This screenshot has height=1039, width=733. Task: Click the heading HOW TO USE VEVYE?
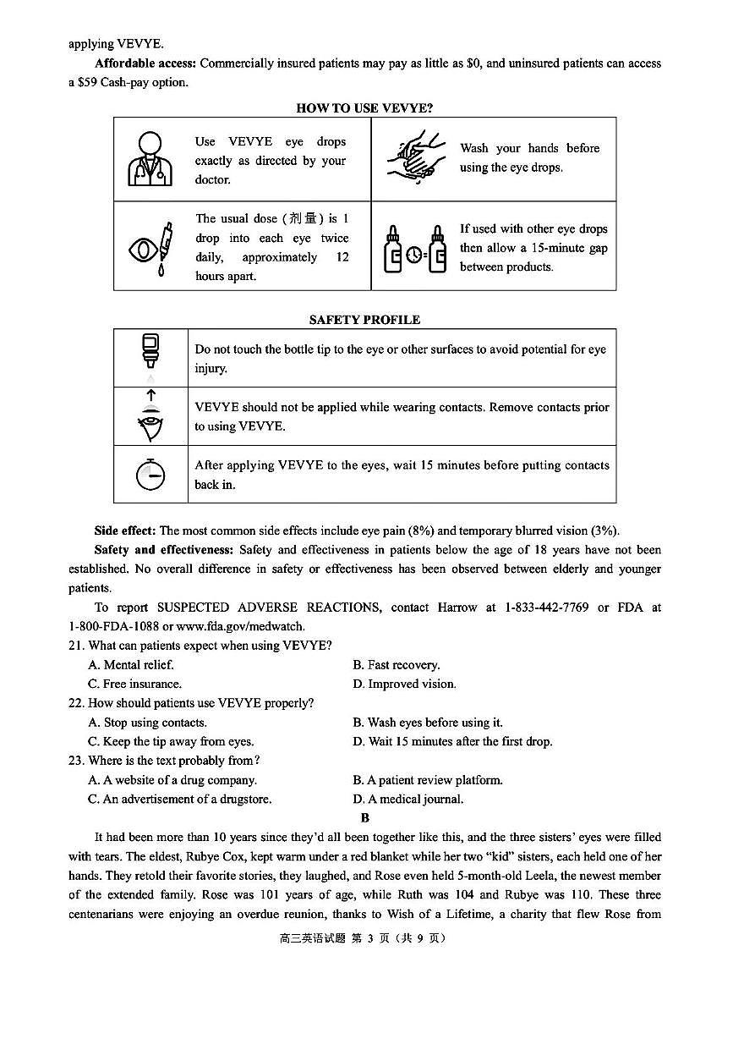pos(364,108)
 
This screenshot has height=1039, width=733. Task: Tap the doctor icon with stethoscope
pos(150,159)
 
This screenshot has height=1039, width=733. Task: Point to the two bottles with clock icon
pos(414,249)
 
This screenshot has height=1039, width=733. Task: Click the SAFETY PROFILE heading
pos(364,320)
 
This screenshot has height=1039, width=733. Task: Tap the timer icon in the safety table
pos(150,476)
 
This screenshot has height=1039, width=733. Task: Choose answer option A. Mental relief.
pos(131,665)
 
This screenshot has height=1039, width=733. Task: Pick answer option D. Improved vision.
pos(404,684)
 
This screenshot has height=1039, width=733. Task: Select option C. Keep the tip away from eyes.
pos(171,742)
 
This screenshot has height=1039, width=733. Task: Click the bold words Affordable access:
pos(145,63)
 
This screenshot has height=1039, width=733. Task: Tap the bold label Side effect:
pos(125,530)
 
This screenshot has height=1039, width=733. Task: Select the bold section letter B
pos(365,817)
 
